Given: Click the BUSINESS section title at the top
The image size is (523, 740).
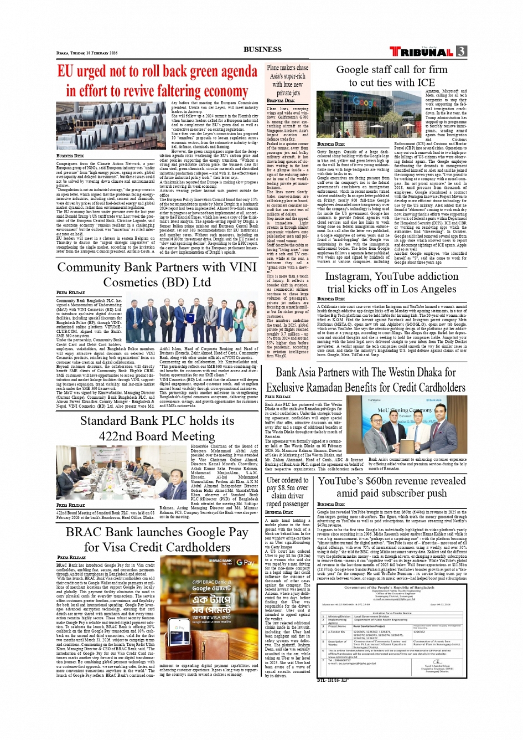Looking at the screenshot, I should [x=262, y=49].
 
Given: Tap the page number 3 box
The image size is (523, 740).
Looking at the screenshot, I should [x=461, y=52].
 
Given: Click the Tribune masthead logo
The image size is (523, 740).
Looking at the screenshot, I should [x=422, y=52].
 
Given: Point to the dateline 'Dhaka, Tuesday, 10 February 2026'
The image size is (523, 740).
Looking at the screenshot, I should [x=87, y=53].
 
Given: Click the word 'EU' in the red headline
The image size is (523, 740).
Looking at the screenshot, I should [x=65, y=71].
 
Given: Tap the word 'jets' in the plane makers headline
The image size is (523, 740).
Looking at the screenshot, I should [x=296, y=93].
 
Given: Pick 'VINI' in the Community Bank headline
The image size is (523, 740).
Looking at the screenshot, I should [x=243, y=267].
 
